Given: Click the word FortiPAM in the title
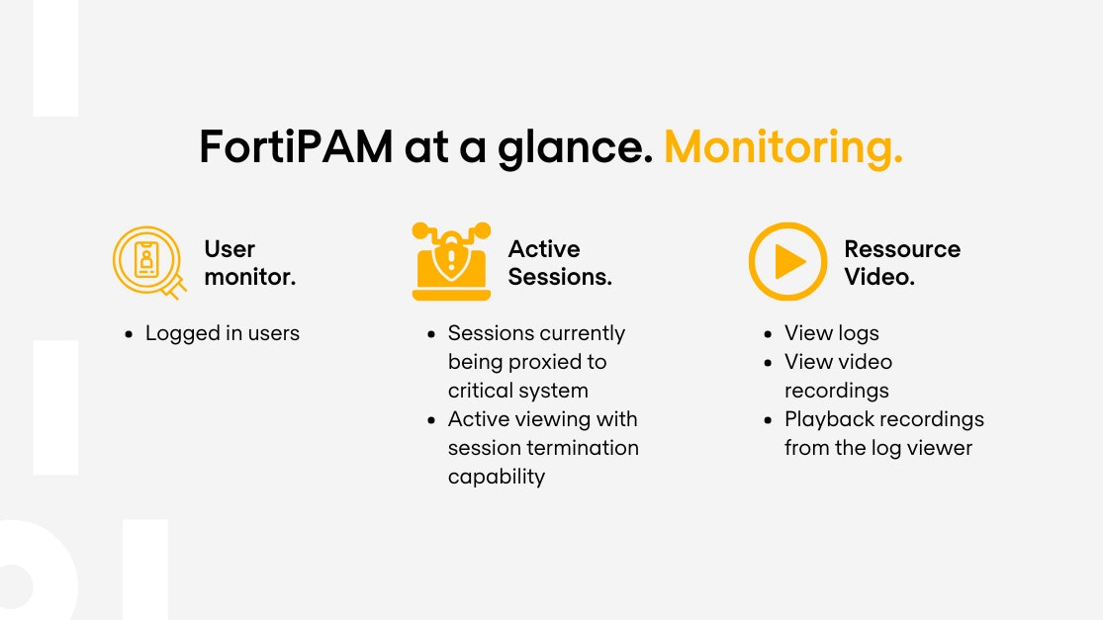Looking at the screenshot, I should [294, 147].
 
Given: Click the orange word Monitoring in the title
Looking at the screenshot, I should [782, 147].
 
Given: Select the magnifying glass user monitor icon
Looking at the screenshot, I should [148, 261].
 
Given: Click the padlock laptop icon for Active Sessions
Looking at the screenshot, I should [451, 261].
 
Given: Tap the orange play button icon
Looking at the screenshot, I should [787, 261].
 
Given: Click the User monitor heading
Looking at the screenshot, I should [249, 263].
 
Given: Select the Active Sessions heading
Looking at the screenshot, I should [559, 263].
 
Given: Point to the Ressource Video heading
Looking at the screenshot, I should [901, 263].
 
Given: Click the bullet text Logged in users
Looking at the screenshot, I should [222, 333].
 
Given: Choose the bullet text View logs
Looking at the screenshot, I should [831, 333].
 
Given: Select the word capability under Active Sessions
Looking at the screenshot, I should [496, 477].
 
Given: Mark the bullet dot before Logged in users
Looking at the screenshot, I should [130, 334].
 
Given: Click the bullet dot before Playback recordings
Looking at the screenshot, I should [769, 420].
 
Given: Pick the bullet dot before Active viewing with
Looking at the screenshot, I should [432, 420].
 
